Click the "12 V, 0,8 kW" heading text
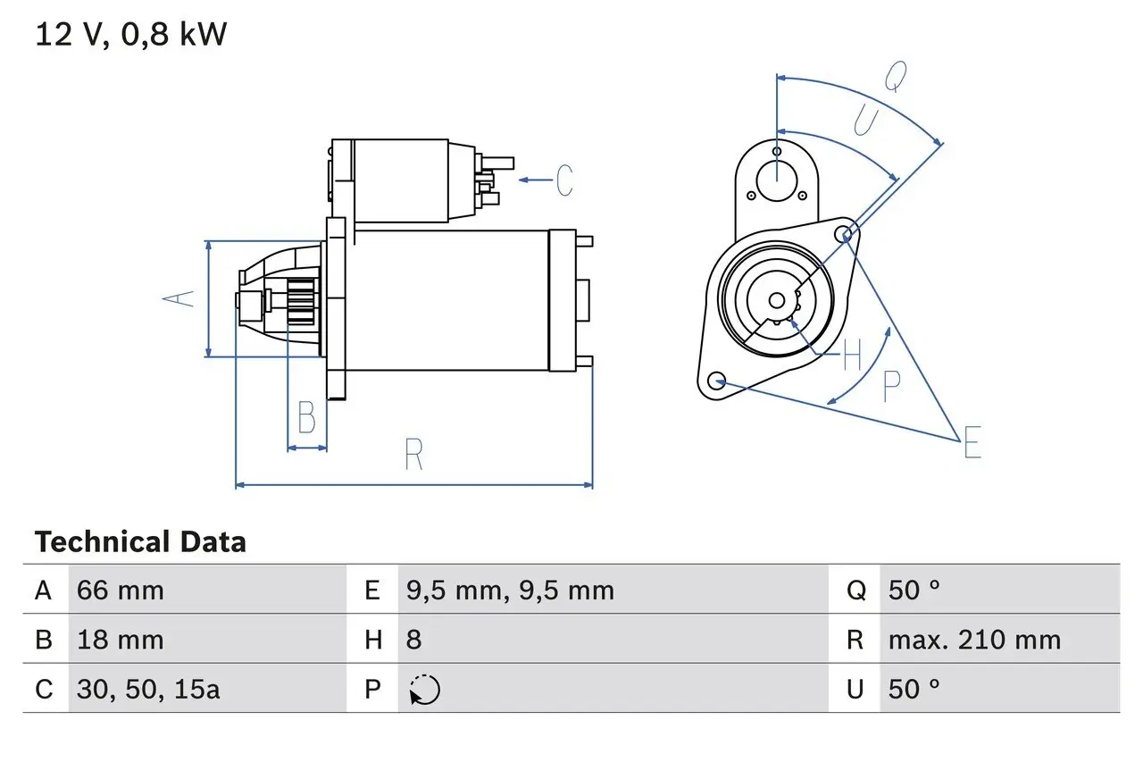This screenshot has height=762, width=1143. [x=131, y=34]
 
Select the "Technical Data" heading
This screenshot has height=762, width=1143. [x=140, y=542]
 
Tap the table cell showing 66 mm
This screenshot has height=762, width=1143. [x=121, y=590]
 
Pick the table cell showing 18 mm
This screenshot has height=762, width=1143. [x=121, y=640]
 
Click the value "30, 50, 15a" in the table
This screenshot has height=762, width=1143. [x=148, y=689]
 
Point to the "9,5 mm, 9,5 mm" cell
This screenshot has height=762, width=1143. [x=510, y=590]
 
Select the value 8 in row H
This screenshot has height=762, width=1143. [x=414, y=640]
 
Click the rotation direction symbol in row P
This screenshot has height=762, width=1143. [x=424, y=690]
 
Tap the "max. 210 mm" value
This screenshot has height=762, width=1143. [x=974, y=640]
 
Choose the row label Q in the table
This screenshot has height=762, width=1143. [x=855, y=590]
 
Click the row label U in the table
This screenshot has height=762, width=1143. [x=855, y=689]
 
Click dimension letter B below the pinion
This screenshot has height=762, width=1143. [x=306, y=418]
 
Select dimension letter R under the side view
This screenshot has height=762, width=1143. [x=413, y=455]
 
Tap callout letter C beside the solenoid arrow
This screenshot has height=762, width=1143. [x=564, y=180]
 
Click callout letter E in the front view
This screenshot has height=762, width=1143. [x=972, y=443]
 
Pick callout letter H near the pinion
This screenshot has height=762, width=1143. [x=852, y=356]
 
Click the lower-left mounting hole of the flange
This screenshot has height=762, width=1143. [x=715, y=381]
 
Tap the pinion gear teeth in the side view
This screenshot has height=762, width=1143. [x=302, y=301]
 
